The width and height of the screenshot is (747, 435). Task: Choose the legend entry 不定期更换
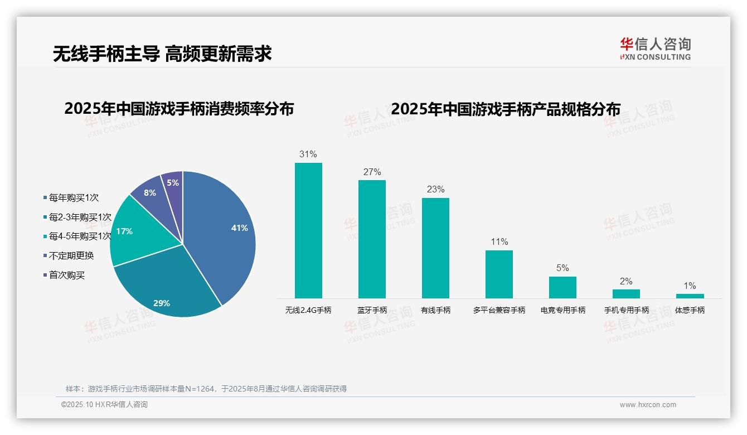(71, 255)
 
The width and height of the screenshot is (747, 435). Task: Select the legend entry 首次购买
(67, 275)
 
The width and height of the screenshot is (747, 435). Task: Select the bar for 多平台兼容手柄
(499, 274)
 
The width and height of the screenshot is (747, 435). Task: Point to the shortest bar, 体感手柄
(690, 296)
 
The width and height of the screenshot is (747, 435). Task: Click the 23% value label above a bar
(435, 190)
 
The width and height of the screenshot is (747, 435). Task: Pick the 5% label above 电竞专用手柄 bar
(562, 268)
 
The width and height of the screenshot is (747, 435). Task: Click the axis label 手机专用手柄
(627, 310)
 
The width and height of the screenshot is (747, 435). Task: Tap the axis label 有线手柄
(435, 310)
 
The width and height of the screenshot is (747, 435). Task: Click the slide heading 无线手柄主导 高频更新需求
(162, 54)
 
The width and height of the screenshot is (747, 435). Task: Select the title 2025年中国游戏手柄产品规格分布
(505, 109)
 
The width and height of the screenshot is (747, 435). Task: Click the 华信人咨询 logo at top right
(655, 49)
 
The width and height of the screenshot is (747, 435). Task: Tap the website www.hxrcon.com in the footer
(647, 405)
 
